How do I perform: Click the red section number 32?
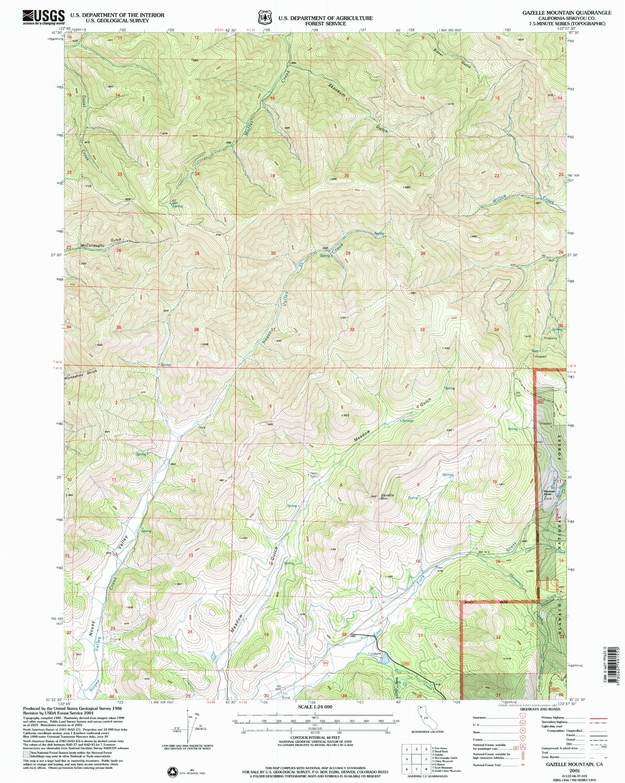352,330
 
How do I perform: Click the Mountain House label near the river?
548,492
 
